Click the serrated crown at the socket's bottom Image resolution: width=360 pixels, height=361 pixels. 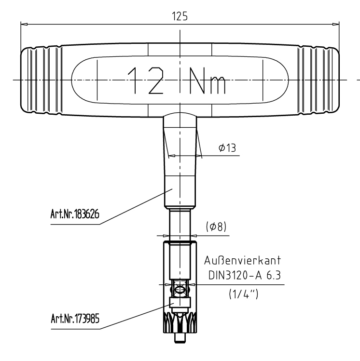point(179,319)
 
